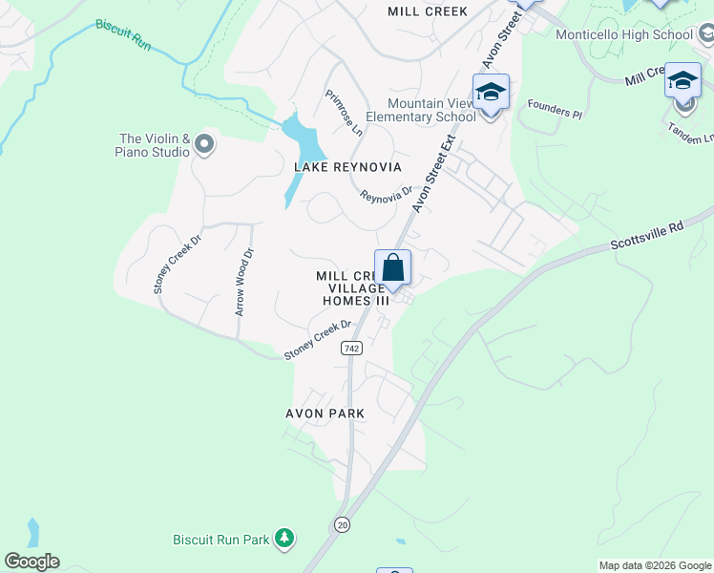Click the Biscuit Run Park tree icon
(x=283, y=540)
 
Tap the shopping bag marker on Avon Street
(x=392, y=268)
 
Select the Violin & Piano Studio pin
(x=203, y=145)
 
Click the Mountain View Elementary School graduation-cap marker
(x=491, y=94)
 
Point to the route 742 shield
(x=351, y=350)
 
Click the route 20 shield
(x=341, y=524)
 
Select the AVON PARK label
(x=325, y=414)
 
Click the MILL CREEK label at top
(x=428, y=11)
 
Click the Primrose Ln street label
(x=344, y=112)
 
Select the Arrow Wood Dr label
(x=244, y=283)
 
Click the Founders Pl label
(x=554, y=113)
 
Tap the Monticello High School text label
(x=624, y=35)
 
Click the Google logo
(x=31, y=562)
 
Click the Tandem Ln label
(x=691, y=133)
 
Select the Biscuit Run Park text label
(x=221, y=540)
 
